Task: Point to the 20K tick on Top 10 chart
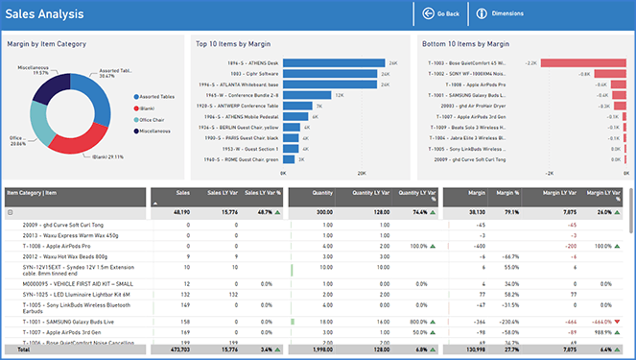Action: [362, 174]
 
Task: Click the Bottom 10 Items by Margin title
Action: [464, 43]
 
